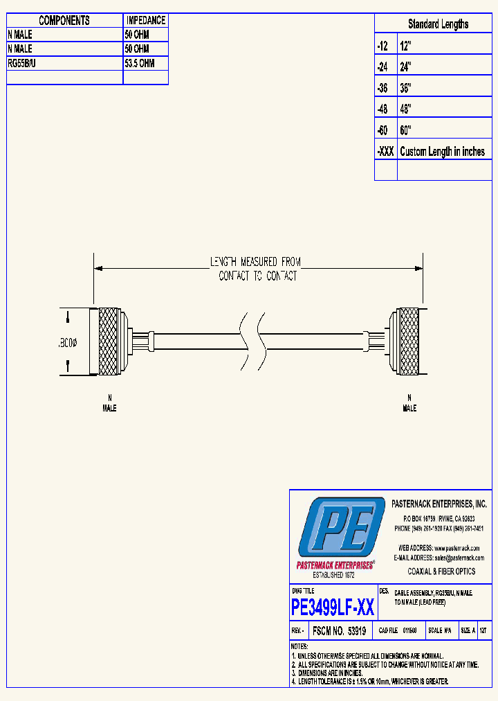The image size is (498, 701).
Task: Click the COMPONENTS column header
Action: pos(64,21)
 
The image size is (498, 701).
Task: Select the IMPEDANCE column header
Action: pos(145,21)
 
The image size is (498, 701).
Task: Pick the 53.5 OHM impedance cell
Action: pos(140,63)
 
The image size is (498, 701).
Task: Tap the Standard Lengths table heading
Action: pos(438,24)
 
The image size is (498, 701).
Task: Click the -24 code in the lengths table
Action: pos(383,67)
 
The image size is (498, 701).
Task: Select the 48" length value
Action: pos(406,109)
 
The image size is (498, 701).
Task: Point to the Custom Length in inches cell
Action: pos(443,152)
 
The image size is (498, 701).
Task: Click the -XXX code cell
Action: pos(385,152)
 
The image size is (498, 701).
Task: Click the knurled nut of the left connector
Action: pos(108,341)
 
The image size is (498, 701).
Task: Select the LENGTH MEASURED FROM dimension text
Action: pos(256,262)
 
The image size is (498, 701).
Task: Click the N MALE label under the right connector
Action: pos(409,404)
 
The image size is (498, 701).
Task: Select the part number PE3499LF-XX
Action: pos(333,608)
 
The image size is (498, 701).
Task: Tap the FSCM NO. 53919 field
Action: pos(339,631)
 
